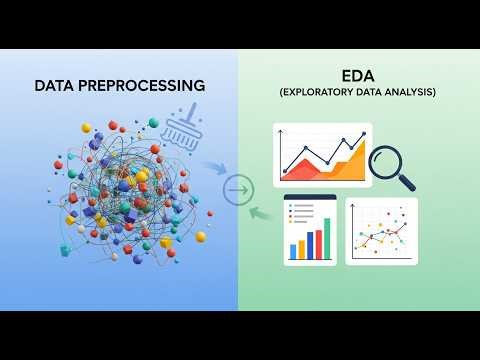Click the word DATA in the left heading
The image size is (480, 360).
[x=56, y=86]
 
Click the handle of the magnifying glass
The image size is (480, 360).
[x=406, y=182]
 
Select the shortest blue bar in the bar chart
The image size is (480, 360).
[x=295, y=252]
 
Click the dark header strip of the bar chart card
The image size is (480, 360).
[x=310, y=199]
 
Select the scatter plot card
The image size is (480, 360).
[x=381, y=231]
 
